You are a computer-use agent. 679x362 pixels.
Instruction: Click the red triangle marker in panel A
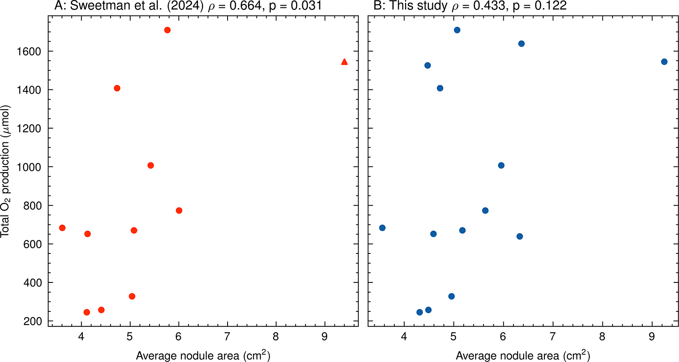(x=344, y=62)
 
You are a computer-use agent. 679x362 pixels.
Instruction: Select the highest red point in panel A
(x=167, y=30)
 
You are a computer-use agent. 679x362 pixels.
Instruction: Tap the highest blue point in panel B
(x=457, y=30)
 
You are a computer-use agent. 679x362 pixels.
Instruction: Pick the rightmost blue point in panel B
(x=664, y=62)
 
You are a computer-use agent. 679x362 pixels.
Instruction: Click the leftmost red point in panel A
(x=62, y=228)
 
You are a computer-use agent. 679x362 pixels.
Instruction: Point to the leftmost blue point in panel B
(x=382, y=228)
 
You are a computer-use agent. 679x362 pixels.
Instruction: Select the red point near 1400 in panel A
(x=117, y=88)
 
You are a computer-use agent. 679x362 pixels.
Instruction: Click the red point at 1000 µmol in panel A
(x=150, y=165)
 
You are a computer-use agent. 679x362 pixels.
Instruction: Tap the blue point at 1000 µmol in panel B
(x=501, y=165)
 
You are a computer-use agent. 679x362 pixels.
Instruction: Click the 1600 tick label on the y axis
(x=28, y=51)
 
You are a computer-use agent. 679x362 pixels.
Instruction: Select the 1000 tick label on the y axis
(x=28, y=167)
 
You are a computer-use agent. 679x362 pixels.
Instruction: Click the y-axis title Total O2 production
(x=5, y=172)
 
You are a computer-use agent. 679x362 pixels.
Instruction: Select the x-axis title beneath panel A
(x=203, y=355)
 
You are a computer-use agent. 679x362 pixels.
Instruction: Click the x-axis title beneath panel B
(x=523, y=355)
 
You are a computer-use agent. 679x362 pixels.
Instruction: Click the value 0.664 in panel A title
(x=245, y=6)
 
